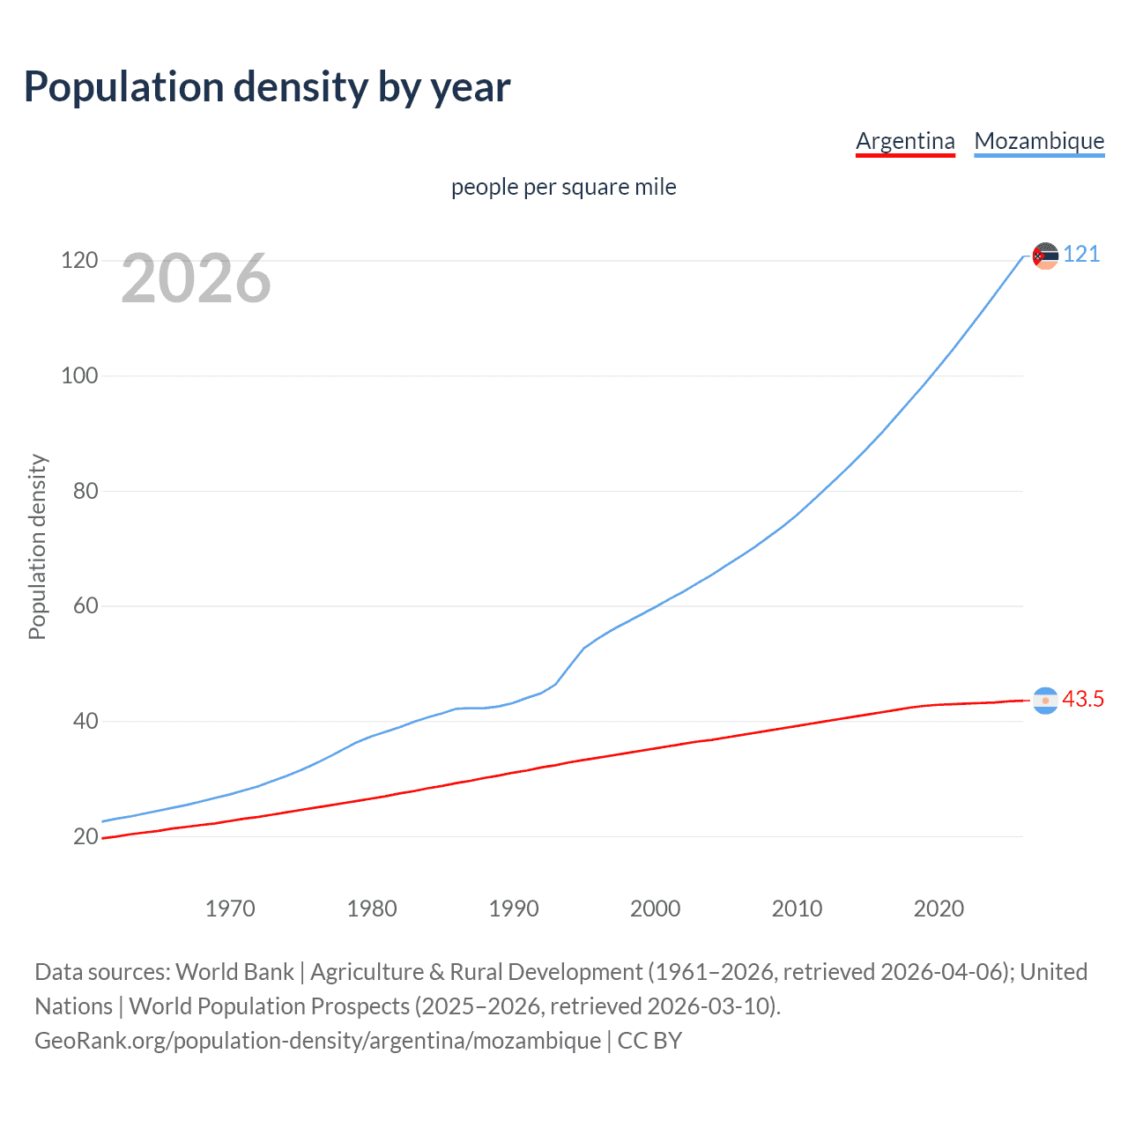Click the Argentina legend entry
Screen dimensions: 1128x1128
(905, 141)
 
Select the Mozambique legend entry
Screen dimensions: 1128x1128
(1039, 141)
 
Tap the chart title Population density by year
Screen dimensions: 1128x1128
(267, 87)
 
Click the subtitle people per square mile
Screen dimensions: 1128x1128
(563, 187)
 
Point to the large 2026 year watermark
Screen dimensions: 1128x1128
(196, 279)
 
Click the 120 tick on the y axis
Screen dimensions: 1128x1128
(79, 261)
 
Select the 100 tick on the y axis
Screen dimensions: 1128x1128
(79, 376)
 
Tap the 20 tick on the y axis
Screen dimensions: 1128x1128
(85, 836)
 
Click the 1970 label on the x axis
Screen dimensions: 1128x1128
(230, 909)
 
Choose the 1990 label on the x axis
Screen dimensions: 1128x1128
(514, 909)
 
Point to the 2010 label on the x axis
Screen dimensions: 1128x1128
(797, 909)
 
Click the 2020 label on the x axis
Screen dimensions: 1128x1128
(939, 909)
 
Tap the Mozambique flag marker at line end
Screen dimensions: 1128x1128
(1045, 256)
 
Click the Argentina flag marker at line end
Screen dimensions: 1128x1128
(1045, 701)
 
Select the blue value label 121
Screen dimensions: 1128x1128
(1081, 255)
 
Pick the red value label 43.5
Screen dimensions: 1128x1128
(1083, 700)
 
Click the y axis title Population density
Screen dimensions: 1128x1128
(37, 546)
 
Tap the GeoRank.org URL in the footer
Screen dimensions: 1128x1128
(318, 1041)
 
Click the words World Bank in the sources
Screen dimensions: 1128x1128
(234, 972)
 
